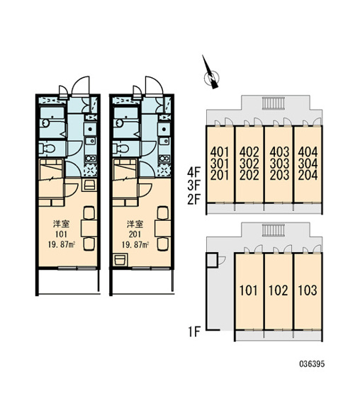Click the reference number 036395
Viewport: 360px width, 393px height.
pyautogui.click(x=312, y=364)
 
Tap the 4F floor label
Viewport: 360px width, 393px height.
pyautogui.click(x=193, y=173)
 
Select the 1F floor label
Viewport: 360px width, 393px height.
pyautogui.click(x=193, y=332)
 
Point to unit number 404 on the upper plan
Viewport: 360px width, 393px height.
pyautogui.click(x=308, y=152)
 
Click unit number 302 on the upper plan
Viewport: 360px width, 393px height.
pyautogui.click(x=249, y=164)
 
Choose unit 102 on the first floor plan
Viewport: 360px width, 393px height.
pyautogui.click(x=279, y=290)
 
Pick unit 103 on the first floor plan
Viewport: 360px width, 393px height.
pyautogui.click(x=308, y=290)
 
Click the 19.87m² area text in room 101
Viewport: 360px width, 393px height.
pyautogui.click(x=62, y=244)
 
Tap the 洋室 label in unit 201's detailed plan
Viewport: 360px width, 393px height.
pyautogui.click(x=135, y=224)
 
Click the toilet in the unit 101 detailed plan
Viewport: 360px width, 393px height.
pyautogui.click(x=47, y=149)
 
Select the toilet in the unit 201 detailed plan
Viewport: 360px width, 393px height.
pyautogui.click(x=120, y=149)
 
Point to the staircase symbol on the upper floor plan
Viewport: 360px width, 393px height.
pyautogui.click(x=274, y=103)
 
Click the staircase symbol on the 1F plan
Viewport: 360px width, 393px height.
pyautogui.click(x=274, y=230)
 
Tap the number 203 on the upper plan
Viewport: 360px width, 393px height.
pyautogui.click(x=279, y=175)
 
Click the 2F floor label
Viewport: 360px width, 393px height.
pyautogui.click(x=193, y=200)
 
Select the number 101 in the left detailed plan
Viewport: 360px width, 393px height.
pyautogui.click(x=61, y=234)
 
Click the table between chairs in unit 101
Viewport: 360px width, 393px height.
pyautogui.click(x=89, y=228)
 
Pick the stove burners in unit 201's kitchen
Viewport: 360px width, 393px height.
pyautogui.click(x=164, y=159)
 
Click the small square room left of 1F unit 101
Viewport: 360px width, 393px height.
pyautogui.click(x=212, y=260)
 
